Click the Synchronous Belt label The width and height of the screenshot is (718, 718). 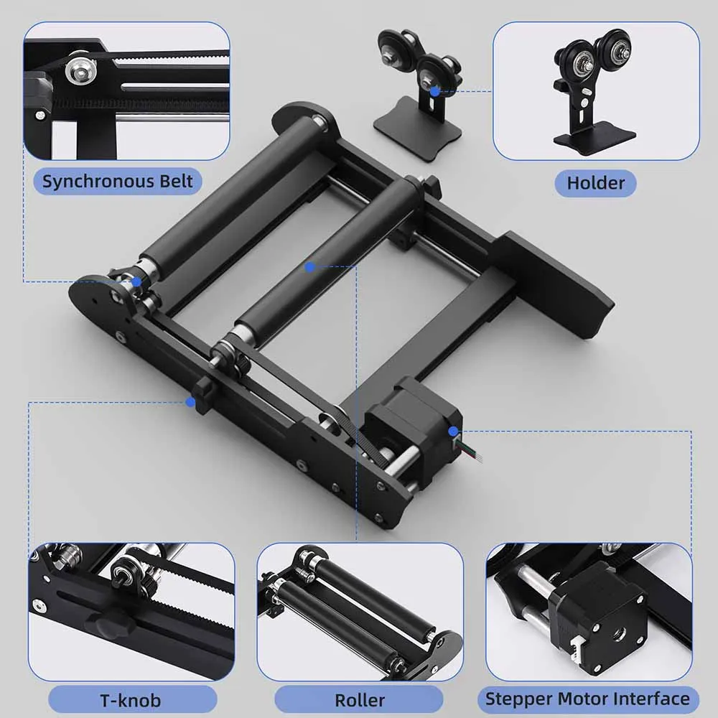[x=118, y=181]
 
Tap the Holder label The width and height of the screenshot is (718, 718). [x=595, y=182]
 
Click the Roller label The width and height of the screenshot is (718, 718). [x=359, y=700]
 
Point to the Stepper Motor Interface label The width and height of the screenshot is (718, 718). [x=587, y=699]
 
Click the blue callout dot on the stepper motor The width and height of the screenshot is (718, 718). [x=454, y=431]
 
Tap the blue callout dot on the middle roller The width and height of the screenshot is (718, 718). [x=309, y=266]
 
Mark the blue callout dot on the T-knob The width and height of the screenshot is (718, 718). [x=190, y=402]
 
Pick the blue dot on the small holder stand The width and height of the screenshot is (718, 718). [x=434, y=90]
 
